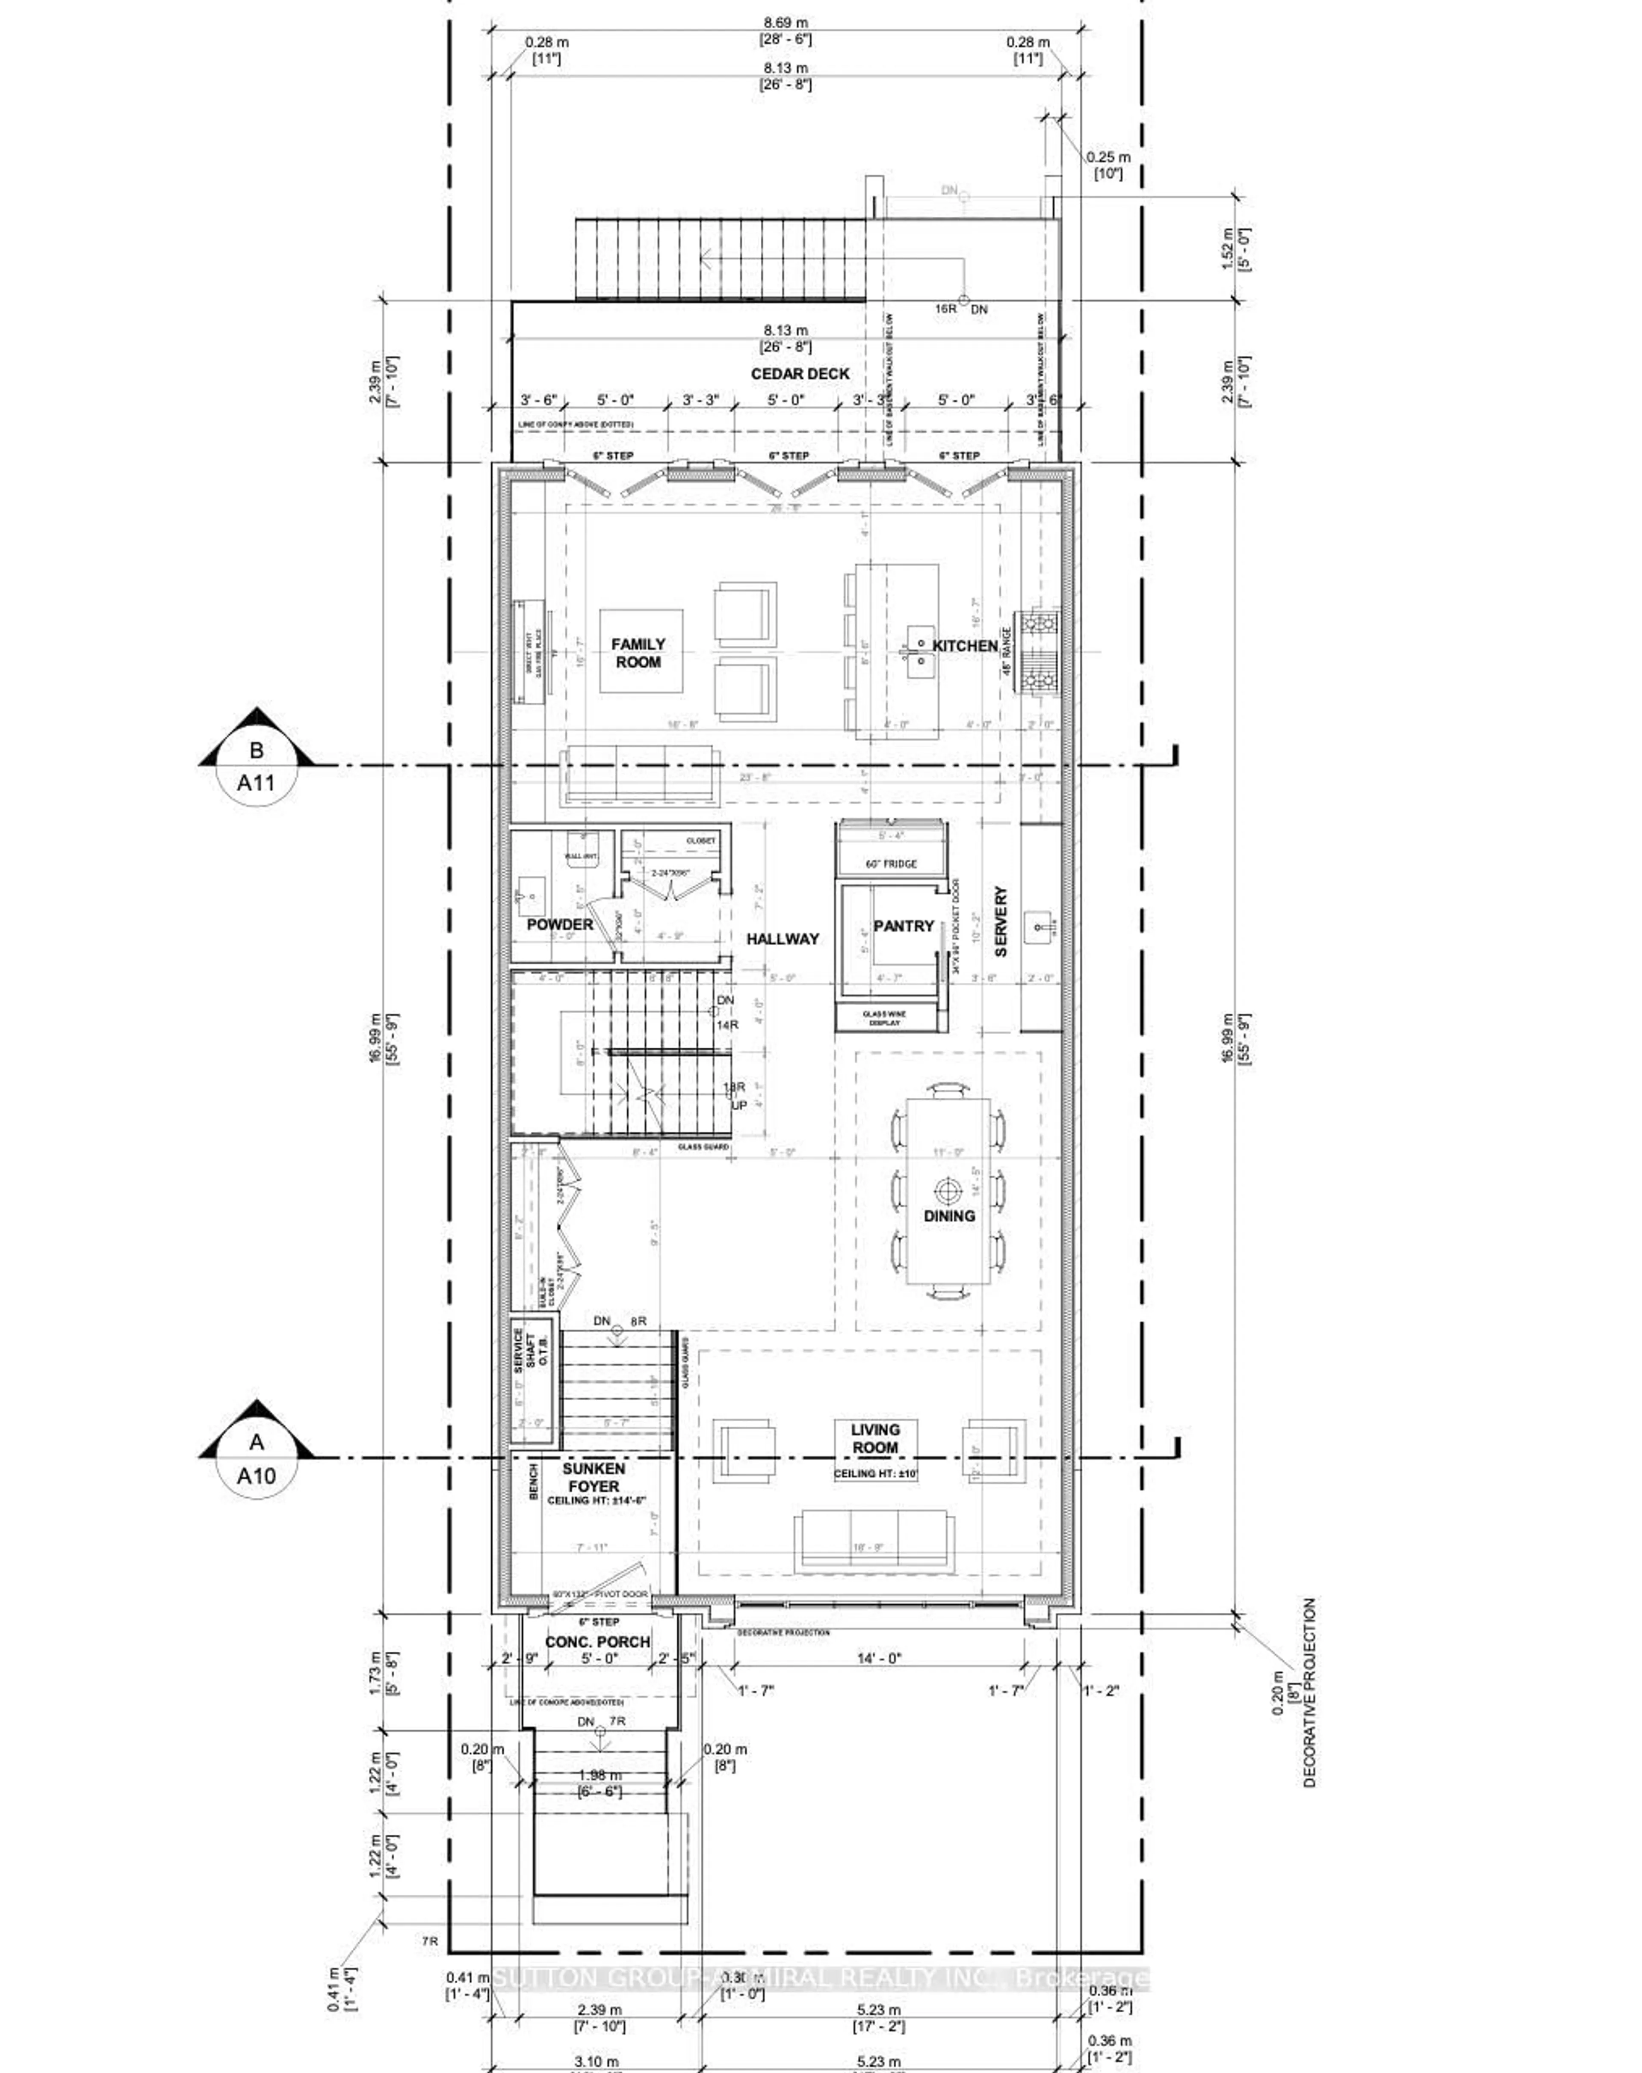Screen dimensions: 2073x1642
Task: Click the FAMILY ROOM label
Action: pyautogui.click(x=638, y=653)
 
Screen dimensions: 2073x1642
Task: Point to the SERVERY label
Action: pyautogui.click(x=1001, y=921)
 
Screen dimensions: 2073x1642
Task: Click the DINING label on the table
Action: pyautogui.click(x=949, y=1215)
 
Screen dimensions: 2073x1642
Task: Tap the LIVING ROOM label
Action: pyautogui.click(x=875, y=1438)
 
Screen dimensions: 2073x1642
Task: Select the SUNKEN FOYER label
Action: pyautogui.click(x=593, y=1477)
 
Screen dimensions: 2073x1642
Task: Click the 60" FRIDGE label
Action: pyautogui.click(x=891, y=864)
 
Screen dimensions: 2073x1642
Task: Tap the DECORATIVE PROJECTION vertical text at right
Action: pyautogui.click(x=1309, y=1692)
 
